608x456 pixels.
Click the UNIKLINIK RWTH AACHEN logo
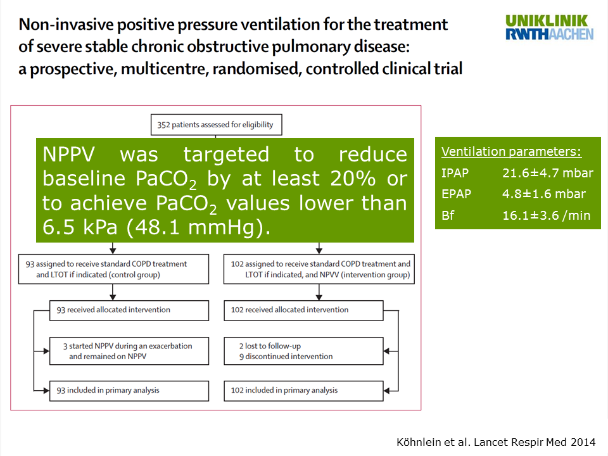pos(549,27)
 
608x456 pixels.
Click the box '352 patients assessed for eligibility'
pos(217,125)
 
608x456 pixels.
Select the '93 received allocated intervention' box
pos(129,310)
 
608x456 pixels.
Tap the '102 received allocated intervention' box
pos(303,310)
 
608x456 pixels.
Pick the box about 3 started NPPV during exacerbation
pos(129,351)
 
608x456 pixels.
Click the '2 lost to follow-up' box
pos(303,351)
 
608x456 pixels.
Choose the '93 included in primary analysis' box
pos(129,391)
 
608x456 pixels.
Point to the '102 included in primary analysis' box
pos(303,391)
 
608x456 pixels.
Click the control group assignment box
pos(113,269)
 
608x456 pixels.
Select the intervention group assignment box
pos(319,269)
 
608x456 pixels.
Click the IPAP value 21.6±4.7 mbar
pos(547,173)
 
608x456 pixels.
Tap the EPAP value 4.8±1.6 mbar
pos(543,194)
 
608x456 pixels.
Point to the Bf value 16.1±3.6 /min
pos(547,215)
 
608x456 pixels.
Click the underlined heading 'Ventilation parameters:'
pos(512,151)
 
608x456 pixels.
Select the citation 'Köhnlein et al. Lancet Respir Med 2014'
pos(496,442)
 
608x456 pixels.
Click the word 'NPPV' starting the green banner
pos(68,155)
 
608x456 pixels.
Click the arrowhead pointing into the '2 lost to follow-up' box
pos(386,351)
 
